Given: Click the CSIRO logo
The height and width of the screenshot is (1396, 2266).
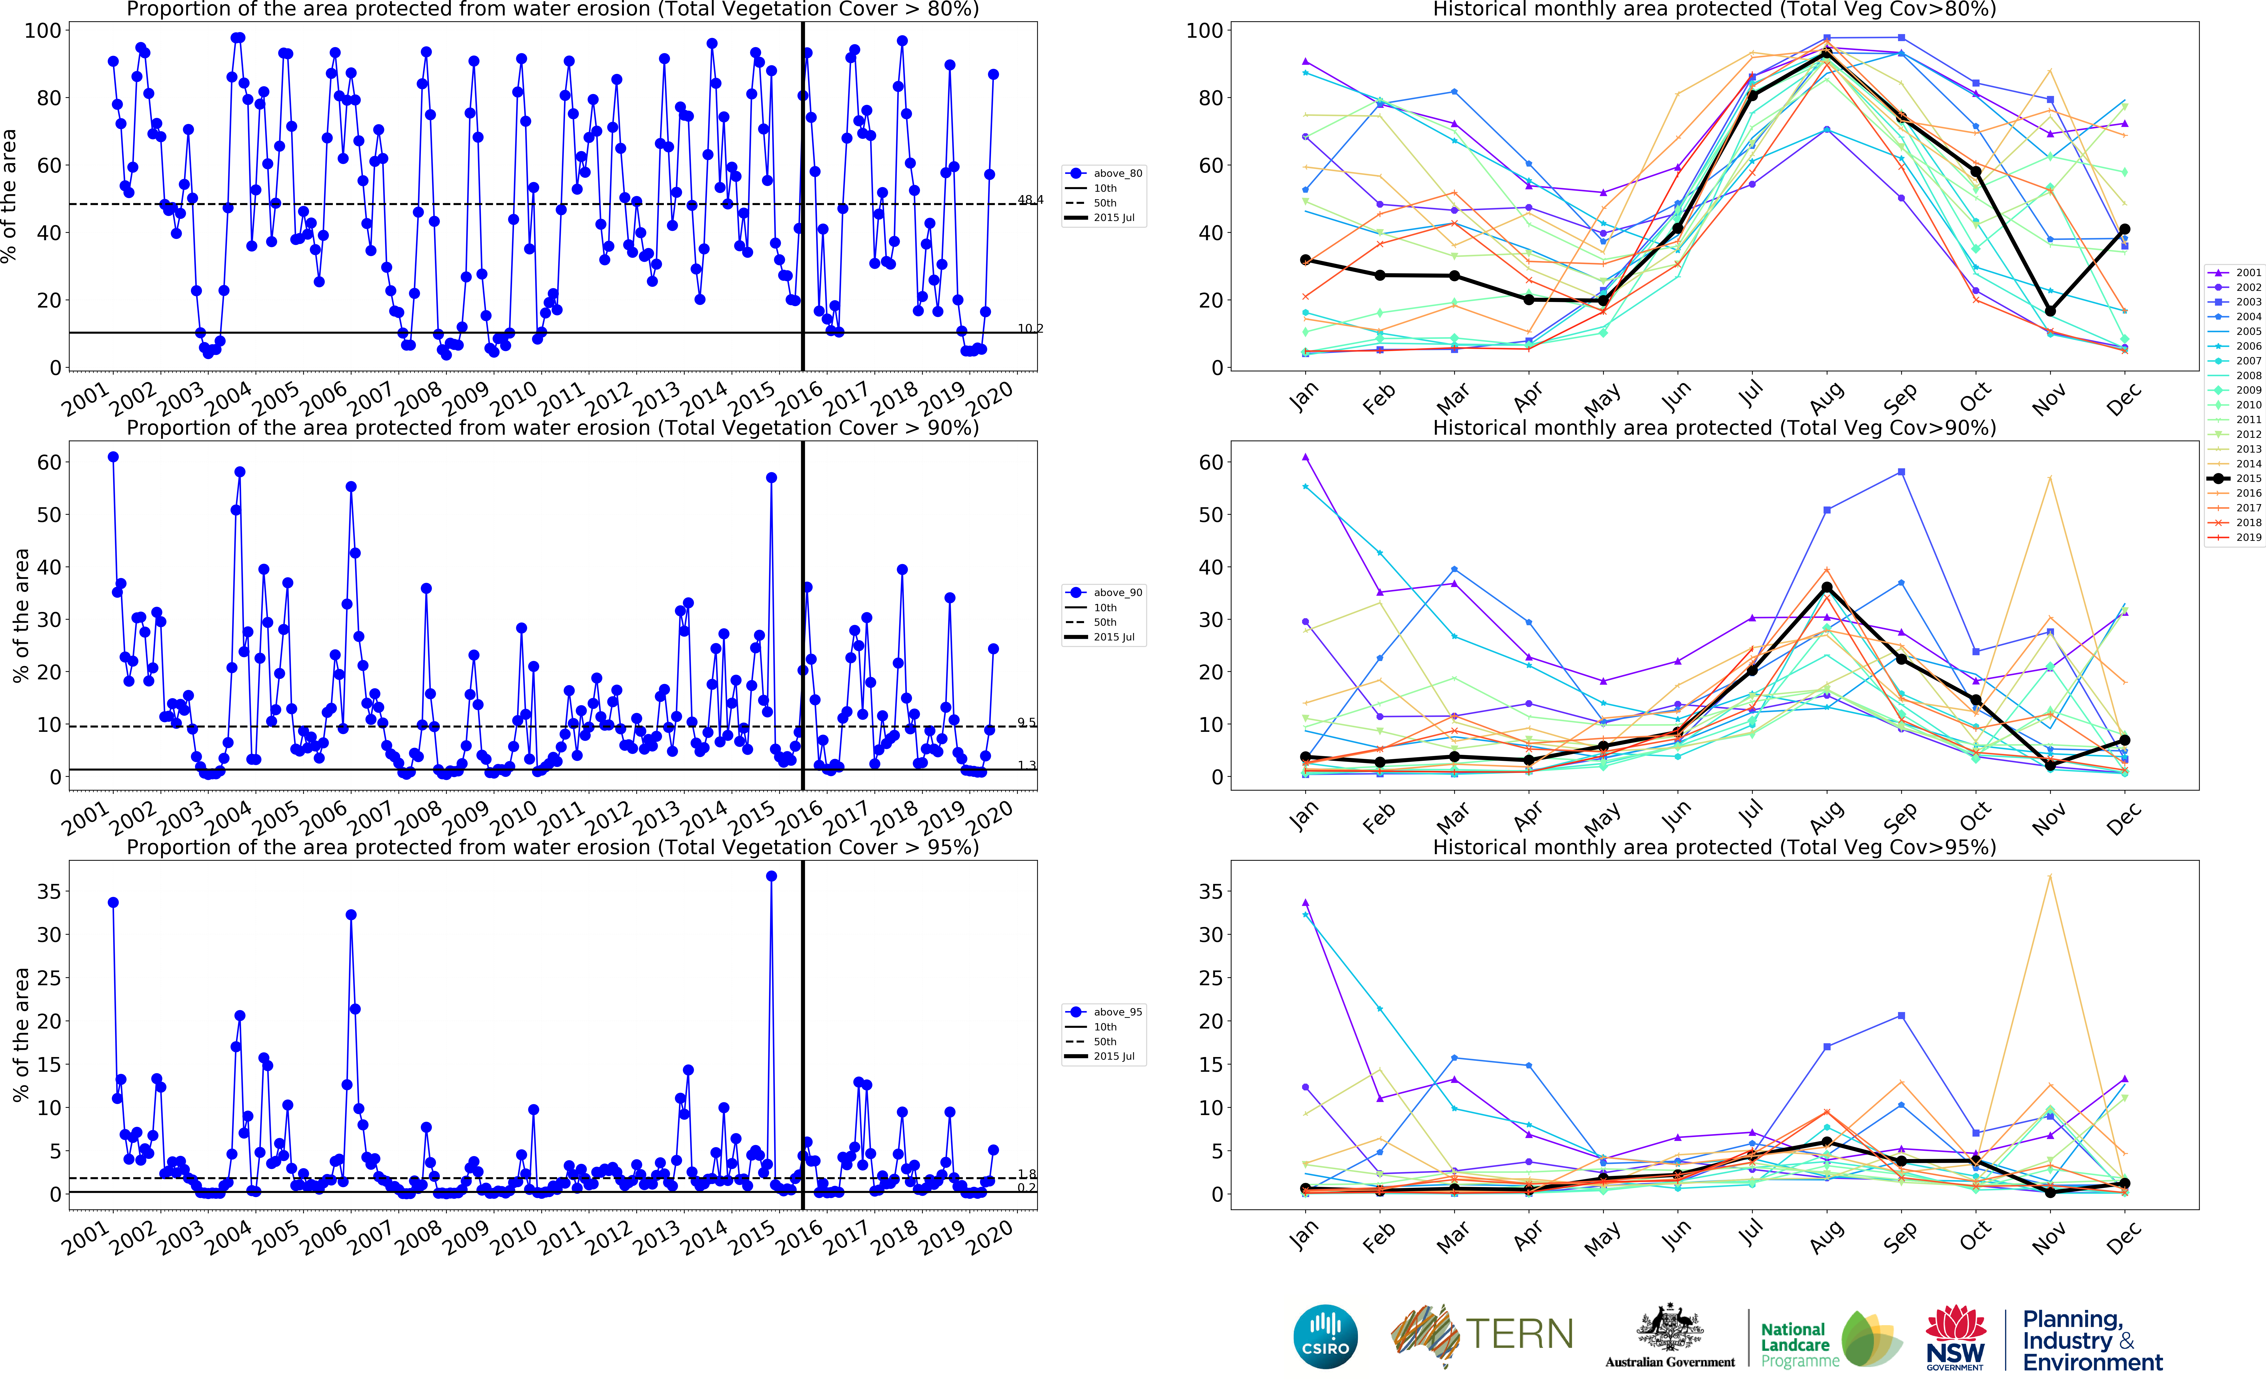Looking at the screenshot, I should pos(1326,1336).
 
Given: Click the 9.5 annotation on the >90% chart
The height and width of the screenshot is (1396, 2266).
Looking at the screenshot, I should pos(1027,722).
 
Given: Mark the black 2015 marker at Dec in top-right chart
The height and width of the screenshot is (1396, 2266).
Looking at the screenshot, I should pos(2125,229).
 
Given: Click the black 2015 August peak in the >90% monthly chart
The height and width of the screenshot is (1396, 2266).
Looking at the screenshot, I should pos(1827,587).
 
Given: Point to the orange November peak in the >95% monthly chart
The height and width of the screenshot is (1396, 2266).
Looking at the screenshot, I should pos(2050,876).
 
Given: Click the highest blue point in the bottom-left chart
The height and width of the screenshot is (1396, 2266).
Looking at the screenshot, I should pos(772,876).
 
